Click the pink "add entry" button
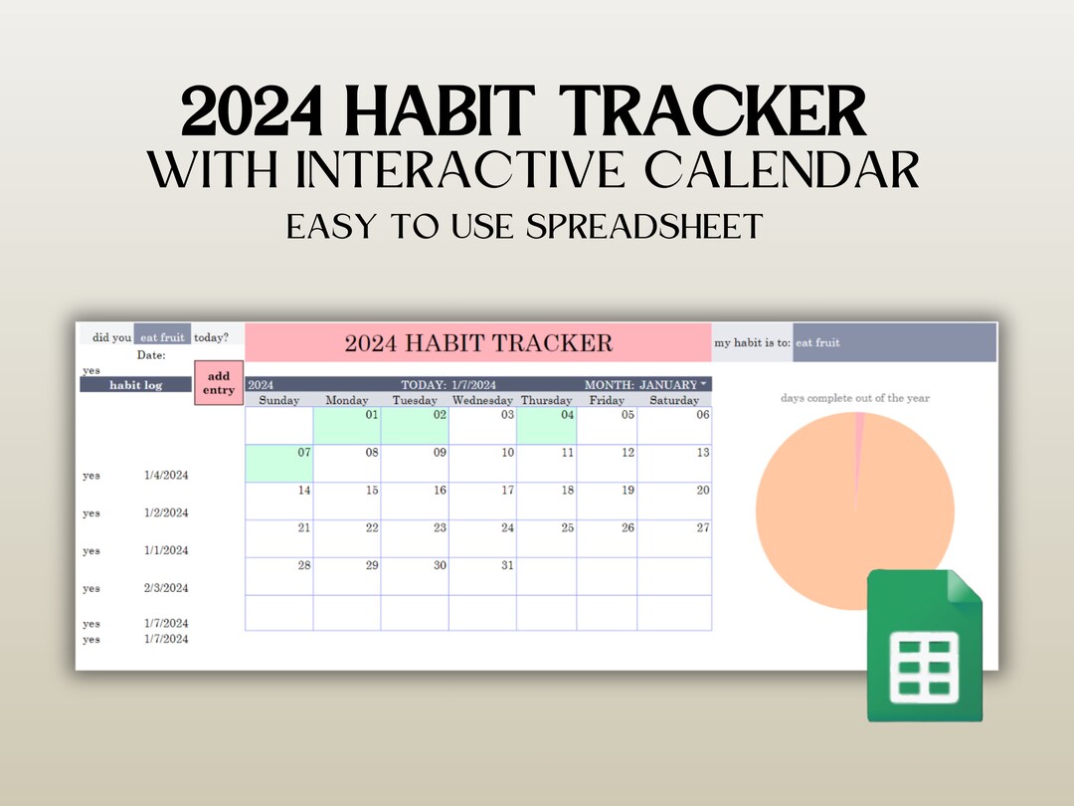pyautogui.click(x=219, y=383)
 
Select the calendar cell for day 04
pyautogui.click(x=546, y=425)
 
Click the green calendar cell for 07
pyautogui.click(x=278, y=463)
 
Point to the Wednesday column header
pyautogui.click(x=482, y=400)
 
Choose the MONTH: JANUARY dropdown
pyautogui.click(x=646, y=384)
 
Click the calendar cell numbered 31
pyautogui.click(x=482, y=576)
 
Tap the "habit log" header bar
pyautogui.click(x=135, y=384)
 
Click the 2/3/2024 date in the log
pyautogui.click(x=165, y=588)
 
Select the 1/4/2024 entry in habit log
pyautogui.click(x=165, y=476)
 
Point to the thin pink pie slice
pyautogui.click(x=859, y=438)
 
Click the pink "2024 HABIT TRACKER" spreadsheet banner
pyautogui.click(x=478, y=343)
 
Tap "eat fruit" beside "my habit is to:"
pyautogui.click(x=817, y=342)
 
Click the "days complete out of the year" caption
pyautogui.click(x=854, y=398)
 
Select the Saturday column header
pyautogui.click(x=674, y=400)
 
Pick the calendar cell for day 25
pyautogui.click(x=546, y=538)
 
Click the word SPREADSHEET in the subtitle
pyautogui.click(x=647, y=226)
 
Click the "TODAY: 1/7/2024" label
pyautogui.click(x=448, y=384)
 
